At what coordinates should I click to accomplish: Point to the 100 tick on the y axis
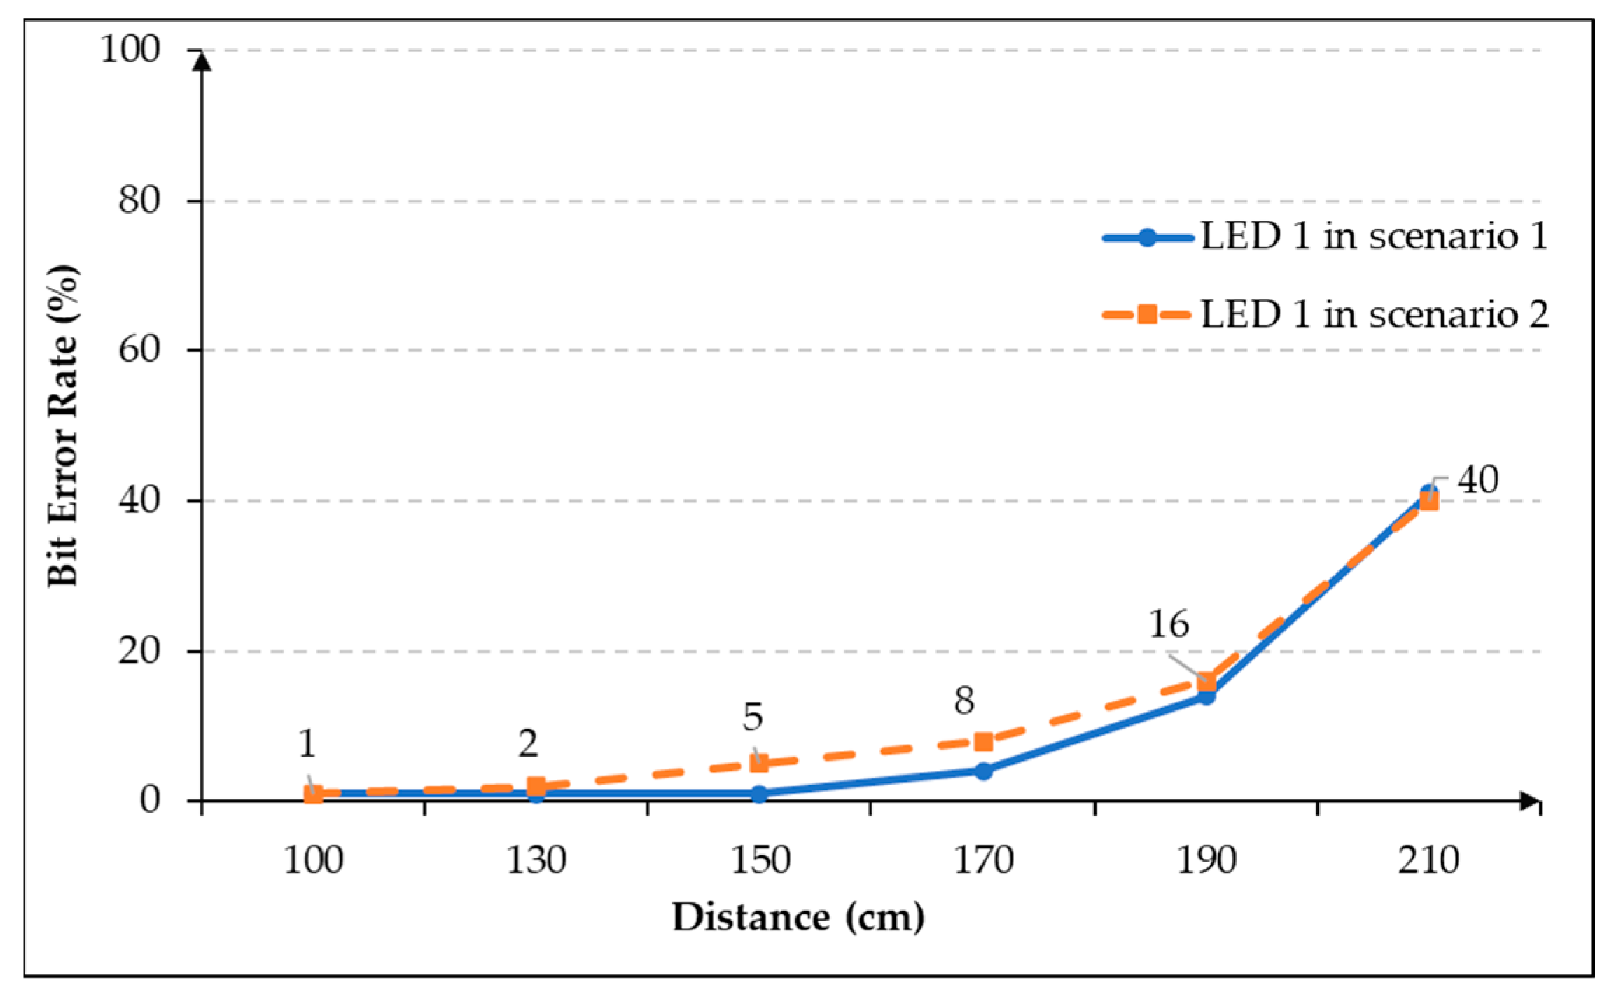click(x=130, y=50)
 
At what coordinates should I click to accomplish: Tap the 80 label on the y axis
click(x=139, y=200)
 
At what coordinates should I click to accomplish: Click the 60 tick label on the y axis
click(x=139, y=349)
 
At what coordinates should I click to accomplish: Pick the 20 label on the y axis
click(x=139, y=651)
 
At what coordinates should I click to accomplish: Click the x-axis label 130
click(x=536, y=860)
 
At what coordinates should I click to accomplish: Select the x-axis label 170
click(x=983, y=860)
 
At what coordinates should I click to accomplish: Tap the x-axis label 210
click(x=1428, y=860)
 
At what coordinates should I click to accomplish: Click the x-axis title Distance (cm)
click(x=798, y=918)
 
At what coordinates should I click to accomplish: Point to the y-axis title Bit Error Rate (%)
click(x=63, y=426)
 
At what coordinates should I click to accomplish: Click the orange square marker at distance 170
click(x=983, y=741)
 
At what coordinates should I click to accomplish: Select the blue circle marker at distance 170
click(x=983, y=771)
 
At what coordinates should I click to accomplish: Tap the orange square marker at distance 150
click(x=759, y=763)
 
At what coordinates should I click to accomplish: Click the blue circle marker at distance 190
click(x=1206, y=696)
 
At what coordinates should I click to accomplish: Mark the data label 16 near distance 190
click(x=1169, y=624)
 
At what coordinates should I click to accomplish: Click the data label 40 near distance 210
click(x=1477, y=481)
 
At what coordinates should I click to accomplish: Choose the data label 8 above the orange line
click(x=964, y=701)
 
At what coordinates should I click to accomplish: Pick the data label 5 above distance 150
click(x=753, y=717)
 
